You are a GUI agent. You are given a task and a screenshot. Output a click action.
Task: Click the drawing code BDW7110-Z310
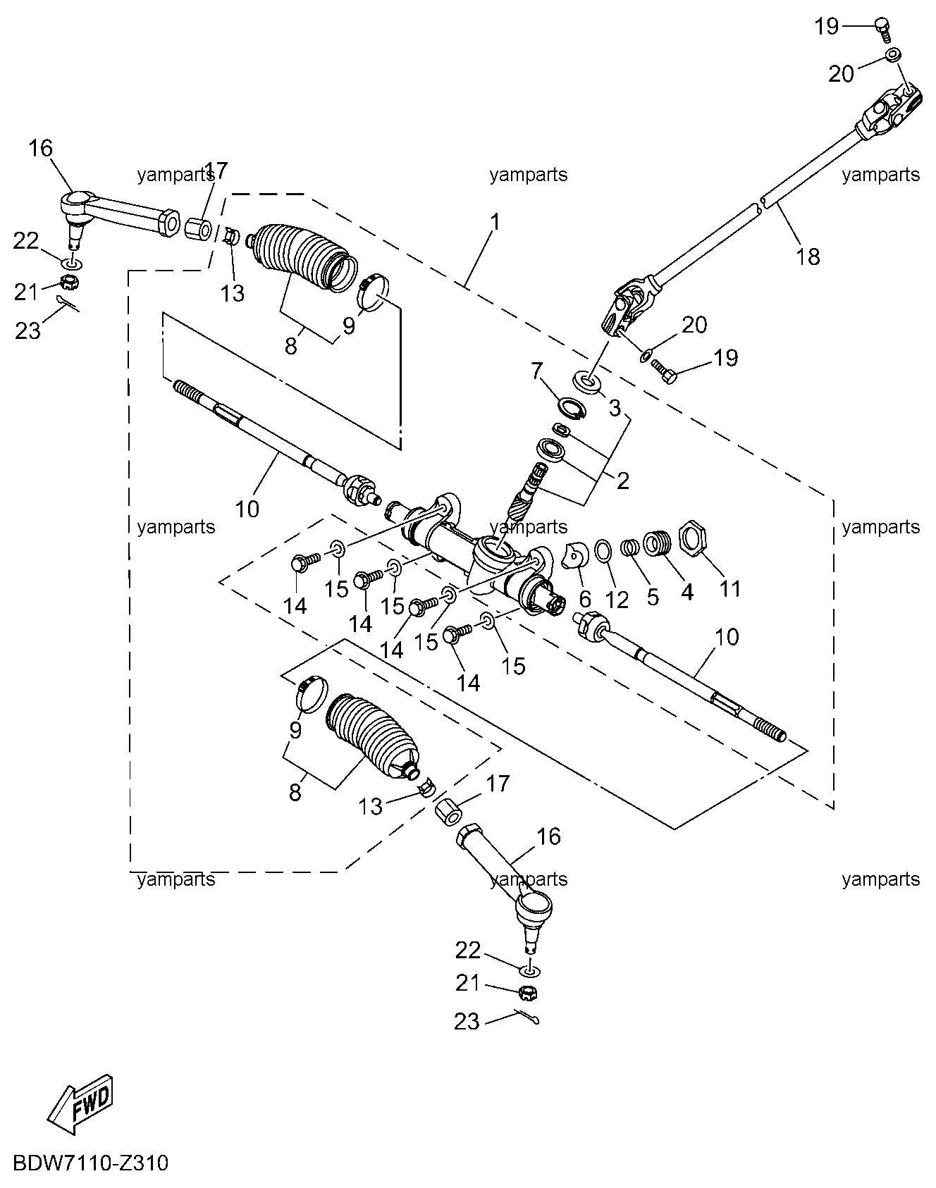[90, 1163]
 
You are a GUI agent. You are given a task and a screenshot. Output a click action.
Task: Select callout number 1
[495, 222]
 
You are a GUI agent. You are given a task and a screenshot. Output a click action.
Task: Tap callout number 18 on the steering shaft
[808, 256]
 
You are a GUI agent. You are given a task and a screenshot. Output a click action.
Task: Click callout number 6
[584, 599]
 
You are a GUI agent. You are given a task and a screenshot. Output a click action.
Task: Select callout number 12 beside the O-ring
[617, 599]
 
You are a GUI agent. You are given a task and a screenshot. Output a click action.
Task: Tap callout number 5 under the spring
[653, 597]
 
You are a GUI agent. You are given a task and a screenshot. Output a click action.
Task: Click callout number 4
[687, 592]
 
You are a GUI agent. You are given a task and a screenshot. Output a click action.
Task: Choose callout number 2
[622, 481]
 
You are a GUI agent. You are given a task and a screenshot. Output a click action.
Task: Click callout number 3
[615, 407]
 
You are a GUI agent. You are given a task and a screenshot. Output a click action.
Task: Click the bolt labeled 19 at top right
[882, 27]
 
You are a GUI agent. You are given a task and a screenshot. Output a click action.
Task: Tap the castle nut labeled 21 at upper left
[69, 283]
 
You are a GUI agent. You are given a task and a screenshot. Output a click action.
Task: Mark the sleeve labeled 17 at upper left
[199, 228]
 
